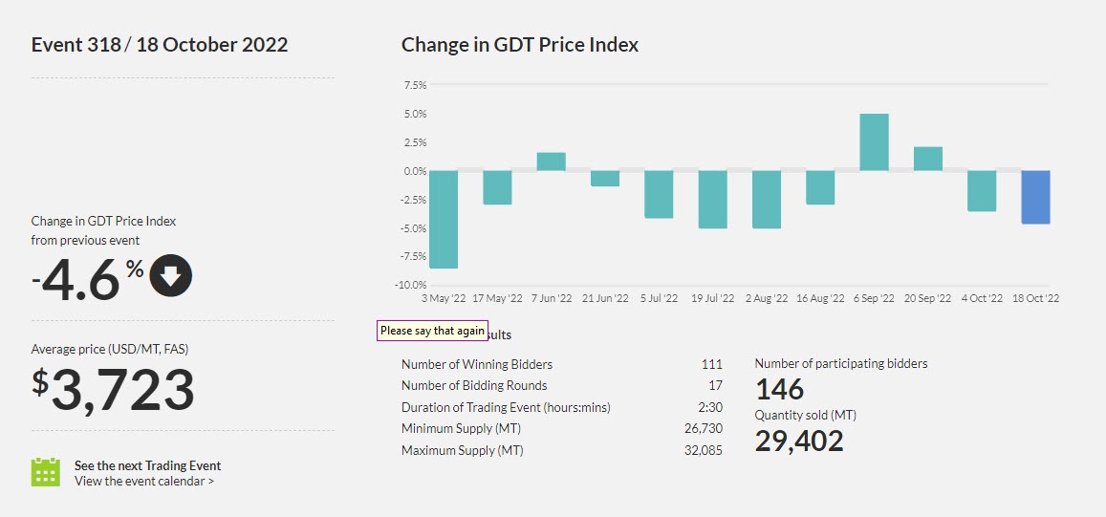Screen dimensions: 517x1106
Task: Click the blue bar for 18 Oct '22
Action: click(x=1035, y=197)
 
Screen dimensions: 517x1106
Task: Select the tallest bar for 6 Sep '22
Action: click(x=874, y=142)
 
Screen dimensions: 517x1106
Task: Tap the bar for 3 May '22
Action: click(x=444, y=220)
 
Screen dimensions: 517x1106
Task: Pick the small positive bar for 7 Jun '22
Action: click(x=551, y=162)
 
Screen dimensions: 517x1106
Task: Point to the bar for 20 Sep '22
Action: click(x=928, y=159)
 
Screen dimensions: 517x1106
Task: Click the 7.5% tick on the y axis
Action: click(x=414, y=85)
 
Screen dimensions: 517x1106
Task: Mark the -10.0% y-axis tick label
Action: click(x=412, y=285)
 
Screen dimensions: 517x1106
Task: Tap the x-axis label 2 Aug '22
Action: click(x=766, y=299)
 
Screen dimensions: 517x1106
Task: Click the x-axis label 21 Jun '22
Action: click(x=604, y=299)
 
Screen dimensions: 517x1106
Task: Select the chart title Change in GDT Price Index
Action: click(x=520, y=45)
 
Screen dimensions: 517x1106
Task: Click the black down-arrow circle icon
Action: click(x=171, y=276)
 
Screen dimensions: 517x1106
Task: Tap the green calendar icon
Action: click(x=46, y=472)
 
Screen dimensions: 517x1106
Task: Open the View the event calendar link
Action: click(x=144, y=481)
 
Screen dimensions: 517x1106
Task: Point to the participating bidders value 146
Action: click(x=779, y=389)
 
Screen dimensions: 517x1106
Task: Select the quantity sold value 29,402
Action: click(x=799, y=441)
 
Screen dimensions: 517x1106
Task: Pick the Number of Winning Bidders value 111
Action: click(x=710, y=364)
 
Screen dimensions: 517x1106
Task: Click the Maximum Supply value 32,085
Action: click(x=703, y=450)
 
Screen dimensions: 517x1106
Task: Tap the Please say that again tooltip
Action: click(x=432, y=331)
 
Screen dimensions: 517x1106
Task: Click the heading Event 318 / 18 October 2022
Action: click(x=160, y=45)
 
